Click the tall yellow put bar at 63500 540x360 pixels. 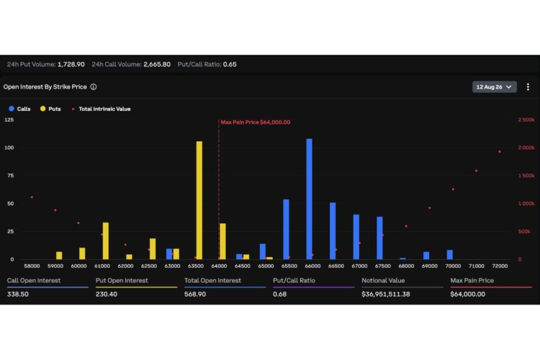point(200,200)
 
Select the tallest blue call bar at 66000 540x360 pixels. point(309,199)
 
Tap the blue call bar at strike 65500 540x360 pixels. point(286,230)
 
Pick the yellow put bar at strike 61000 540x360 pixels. point(106,241)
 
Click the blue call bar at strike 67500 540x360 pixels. point(380,238)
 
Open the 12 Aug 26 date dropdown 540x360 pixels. point(494,87)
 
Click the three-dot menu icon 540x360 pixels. point(528,87)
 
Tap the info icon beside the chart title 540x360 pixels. point(93,87)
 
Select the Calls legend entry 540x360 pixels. point(20,109)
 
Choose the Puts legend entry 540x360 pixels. point(50,109)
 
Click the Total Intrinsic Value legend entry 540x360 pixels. point(101,109)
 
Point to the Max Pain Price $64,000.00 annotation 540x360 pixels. point(255,122)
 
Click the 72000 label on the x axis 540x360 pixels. point(500,266)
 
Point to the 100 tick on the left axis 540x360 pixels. point(9,147)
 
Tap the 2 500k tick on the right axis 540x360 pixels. point(526,119)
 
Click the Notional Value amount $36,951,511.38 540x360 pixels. point(386,294)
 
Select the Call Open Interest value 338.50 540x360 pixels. point(18,294)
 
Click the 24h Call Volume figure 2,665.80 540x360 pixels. point(157,64)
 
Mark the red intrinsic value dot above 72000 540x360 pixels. point(500,152)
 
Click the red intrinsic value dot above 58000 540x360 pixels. point(32,197)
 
